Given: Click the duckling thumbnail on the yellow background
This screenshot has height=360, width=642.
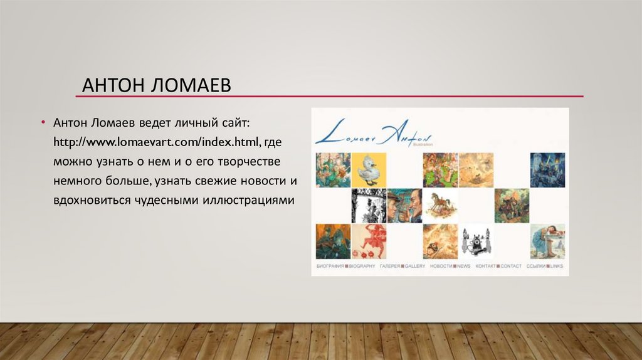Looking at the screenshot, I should pyautogui.click(x=369, y=169).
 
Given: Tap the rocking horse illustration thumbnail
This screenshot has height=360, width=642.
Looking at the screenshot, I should pyautogui.click(x=440, y=205).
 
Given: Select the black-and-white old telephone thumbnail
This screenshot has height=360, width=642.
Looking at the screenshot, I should pyautogui.click(x=476, y=241).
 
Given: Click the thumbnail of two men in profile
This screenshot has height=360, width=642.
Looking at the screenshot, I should pyautogui.click(x=404, y=205).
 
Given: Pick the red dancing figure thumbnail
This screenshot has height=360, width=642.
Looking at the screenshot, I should pyautogui.click(x=369, y=241).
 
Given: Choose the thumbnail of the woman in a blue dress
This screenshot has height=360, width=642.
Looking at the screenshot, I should pyautogui.click(x=547, y=241).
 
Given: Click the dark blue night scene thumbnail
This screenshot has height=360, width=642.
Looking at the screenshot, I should pyautogui.click(x=547, y=169).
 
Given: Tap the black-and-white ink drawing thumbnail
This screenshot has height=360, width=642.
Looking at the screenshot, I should pyautogui.click(x=369, y=205).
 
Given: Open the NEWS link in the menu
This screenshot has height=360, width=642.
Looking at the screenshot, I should pyautogui.click(x=463, y=266).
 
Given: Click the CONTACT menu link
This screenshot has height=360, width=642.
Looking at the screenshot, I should pyautogui.click(x=511, y=266).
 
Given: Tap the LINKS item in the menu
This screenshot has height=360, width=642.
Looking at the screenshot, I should pyautogui.click(x=556, y=266).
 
